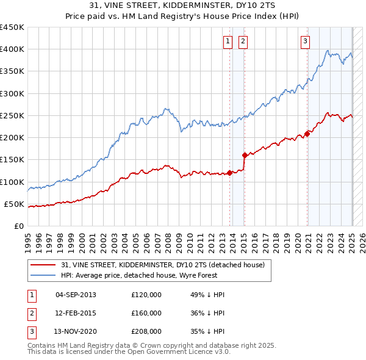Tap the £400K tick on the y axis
coord(12,49)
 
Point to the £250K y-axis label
coord(12,115)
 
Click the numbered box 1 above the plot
coord(228,41)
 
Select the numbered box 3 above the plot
coord(305,41)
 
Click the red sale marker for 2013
coord(229,173)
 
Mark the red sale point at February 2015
coord(245,155)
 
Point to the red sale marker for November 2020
coord(307,134)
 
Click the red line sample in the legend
coord(43,265)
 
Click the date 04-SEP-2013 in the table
coord(76,295)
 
